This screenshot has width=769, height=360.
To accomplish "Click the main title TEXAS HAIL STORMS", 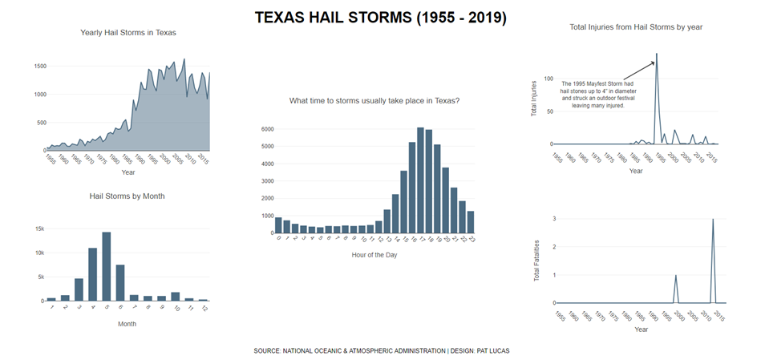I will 380,18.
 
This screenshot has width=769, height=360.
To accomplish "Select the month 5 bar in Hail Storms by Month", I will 107,267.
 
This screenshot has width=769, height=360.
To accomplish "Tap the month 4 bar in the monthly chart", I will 93,275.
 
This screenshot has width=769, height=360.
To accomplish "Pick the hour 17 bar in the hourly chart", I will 420,181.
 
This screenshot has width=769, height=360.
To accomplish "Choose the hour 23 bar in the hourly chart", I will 471,222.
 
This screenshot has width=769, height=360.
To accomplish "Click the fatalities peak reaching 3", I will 714,219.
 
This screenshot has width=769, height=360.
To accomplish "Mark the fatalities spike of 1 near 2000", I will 676,276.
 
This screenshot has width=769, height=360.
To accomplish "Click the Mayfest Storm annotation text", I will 597,95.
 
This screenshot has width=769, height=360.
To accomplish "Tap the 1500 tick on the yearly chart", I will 39,67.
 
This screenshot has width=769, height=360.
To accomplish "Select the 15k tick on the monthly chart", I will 38,229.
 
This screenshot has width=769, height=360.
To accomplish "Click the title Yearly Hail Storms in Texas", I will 128,33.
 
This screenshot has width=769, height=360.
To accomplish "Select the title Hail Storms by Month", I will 127,196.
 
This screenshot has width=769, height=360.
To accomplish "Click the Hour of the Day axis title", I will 374,255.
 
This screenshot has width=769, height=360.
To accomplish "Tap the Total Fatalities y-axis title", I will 536,261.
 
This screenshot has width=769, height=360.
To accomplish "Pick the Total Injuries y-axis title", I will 535,98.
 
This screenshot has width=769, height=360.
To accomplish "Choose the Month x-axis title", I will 127,324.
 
